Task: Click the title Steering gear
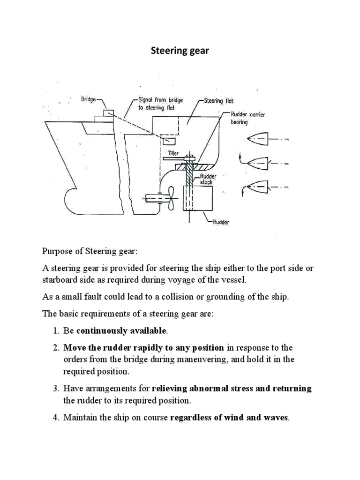pos(180,51)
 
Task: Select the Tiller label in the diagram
pos(172,153)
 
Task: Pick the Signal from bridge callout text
pos(160,103)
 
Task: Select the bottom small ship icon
pos(257,185)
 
